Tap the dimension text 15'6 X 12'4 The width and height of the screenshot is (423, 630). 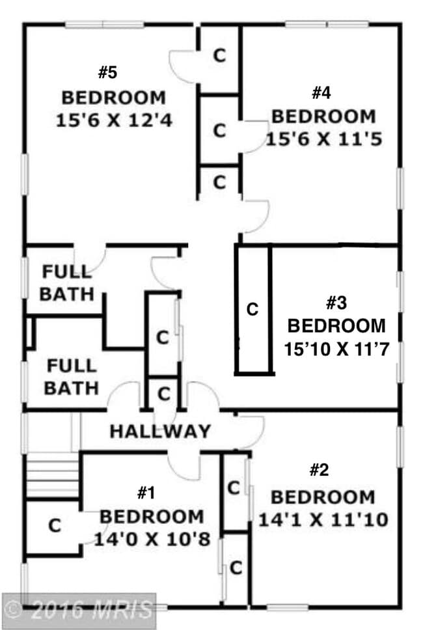(x=113, y=120)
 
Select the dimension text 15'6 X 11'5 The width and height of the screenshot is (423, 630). (x=323, y=139)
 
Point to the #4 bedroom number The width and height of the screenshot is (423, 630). (x=321, y=92)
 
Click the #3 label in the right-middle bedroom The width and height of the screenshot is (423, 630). (x=336, y=303)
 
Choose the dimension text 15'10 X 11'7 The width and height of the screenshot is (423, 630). (x=336, y=349)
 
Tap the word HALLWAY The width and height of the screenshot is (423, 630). (x=160, y=431)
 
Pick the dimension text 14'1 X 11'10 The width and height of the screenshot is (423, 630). (x=323, y=520)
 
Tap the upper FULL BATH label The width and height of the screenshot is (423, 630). (x=67, y=282)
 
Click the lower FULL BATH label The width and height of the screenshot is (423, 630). (x=71, y=377)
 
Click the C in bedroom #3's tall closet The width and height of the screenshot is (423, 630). (x=252, y=308)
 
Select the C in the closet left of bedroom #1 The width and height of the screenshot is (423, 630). (x=55, y=525)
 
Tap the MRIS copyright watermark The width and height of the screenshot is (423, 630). (x=79, y=610)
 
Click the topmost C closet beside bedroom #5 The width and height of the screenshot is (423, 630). (x=220, y=56)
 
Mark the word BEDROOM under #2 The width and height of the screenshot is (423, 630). (x=323, y=498)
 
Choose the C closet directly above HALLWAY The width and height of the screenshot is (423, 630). (x=164, y=394)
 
